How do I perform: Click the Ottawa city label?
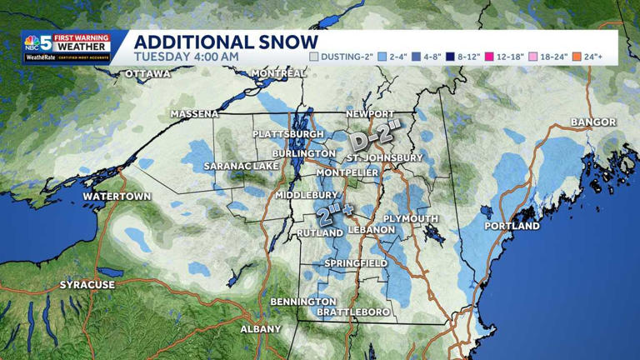(x=147, y=74)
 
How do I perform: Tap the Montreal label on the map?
(x=278, y=73)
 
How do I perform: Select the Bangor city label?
(x=593, y=122)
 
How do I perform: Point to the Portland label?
(x=512, y=226)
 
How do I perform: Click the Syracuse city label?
(x=87, y=285)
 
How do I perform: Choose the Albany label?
(x=261, y=329)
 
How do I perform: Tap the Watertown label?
(x=117, y=197)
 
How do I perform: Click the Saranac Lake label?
(x=241, y=167)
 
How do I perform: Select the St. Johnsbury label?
(x=384, y=157)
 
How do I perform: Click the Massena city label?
(x=194, y=114)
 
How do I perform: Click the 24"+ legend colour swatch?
(x=577, y=57)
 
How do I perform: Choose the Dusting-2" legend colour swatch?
(x=314, y=57)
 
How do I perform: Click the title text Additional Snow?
(x=226, y=42)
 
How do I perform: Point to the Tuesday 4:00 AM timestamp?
(x=187, y=57)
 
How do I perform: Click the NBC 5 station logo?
(x=39, y=42)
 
